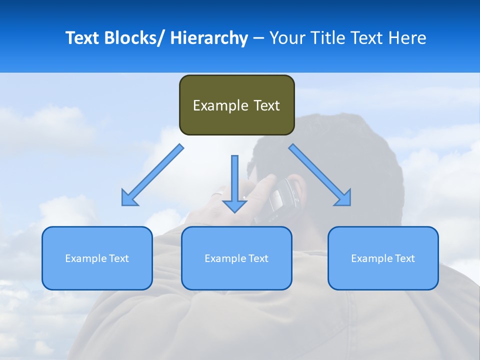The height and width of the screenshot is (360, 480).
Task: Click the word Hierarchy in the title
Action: click(x=209, y=38)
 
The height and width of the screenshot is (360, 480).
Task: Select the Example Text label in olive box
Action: click(x=236, y=105)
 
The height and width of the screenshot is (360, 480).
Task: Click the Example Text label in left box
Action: click(x=96, y=258)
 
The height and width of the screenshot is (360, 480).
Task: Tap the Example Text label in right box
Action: click(x=383, y=258)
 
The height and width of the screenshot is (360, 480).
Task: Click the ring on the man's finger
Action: click(x=218, y=193)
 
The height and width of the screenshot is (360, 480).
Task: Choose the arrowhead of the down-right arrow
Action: click(x=343, y=198)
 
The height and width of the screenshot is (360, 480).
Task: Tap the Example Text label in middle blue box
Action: click(x=236, y=258)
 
